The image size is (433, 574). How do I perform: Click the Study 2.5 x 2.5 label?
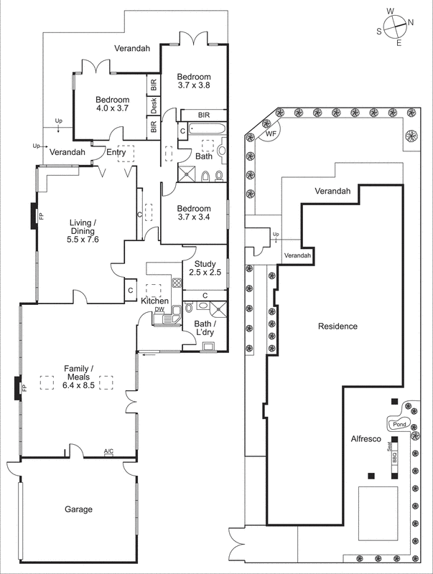(x=205, y=268)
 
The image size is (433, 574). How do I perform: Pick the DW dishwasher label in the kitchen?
(x=159, y=309)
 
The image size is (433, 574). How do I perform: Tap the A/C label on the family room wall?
(x=108, y=451)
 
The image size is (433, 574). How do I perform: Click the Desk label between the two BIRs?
(x=154, y=105)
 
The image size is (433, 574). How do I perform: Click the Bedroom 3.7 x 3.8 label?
(x=194, y=80)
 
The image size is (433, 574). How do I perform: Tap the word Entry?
(x=116, y=152)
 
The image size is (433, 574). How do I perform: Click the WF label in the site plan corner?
(x=271, y=133)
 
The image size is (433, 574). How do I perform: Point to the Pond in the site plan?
(x=399, y=424)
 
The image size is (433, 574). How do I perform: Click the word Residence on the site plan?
(x=337, y=326)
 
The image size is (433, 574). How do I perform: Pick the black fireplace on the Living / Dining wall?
(x=34, y=215)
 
